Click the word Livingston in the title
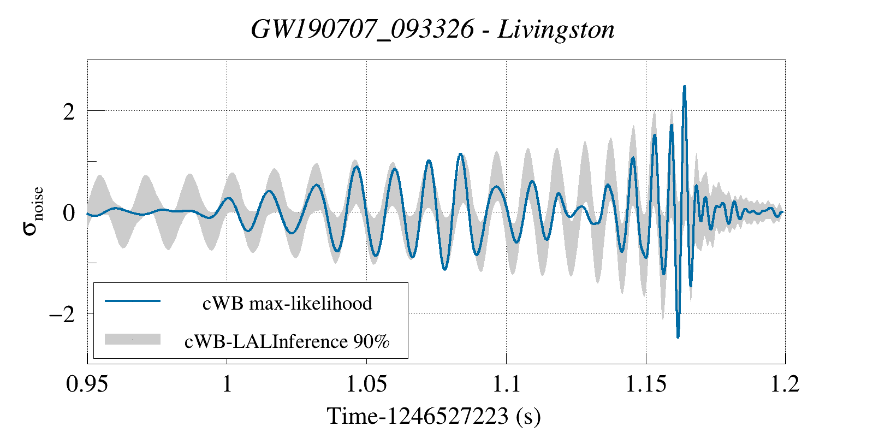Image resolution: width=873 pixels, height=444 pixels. [556, 29]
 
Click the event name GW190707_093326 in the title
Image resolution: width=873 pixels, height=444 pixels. [363, 29]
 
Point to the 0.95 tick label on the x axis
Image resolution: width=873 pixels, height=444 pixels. [87, 384]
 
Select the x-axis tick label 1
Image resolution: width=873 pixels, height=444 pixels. [227, 384]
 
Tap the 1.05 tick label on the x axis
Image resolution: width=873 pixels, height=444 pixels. [366, 384]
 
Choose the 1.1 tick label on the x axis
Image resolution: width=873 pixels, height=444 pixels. [506, 384]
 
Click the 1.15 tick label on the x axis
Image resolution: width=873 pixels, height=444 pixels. [646, 384]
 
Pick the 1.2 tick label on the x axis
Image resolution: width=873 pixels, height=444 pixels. [785, 384]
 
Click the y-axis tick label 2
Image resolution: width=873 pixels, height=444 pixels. [69, 111]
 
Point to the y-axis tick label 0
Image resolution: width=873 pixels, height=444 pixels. [69, 212]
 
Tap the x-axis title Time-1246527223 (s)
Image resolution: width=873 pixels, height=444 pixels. [434, 416]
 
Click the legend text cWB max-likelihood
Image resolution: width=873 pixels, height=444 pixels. [287, 303]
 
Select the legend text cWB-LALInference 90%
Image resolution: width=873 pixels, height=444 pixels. [287, 341]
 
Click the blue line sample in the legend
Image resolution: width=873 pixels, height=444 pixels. [133, 301]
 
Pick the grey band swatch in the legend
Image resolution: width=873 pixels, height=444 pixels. [133, 339]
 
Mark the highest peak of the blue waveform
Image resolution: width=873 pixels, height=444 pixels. [684, 87]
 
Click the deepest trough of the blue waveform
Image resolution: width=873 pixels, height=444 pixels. [678, 337]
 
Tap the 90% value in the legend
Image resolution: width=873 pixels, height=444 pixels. [372, 341]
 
